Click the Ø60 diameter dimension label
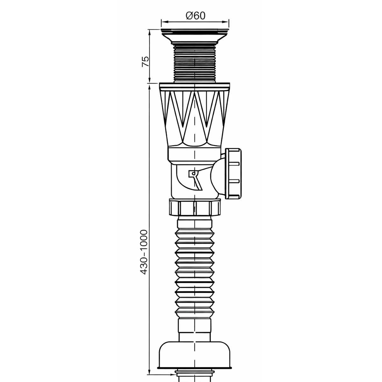[195, 16]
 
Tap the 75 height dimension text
[145, 62]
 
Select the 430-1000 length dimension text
[144, 252]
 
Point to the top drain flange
[195, 37]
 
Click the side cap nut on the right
[234, 173]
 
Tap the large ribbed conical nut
[195, 115]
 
